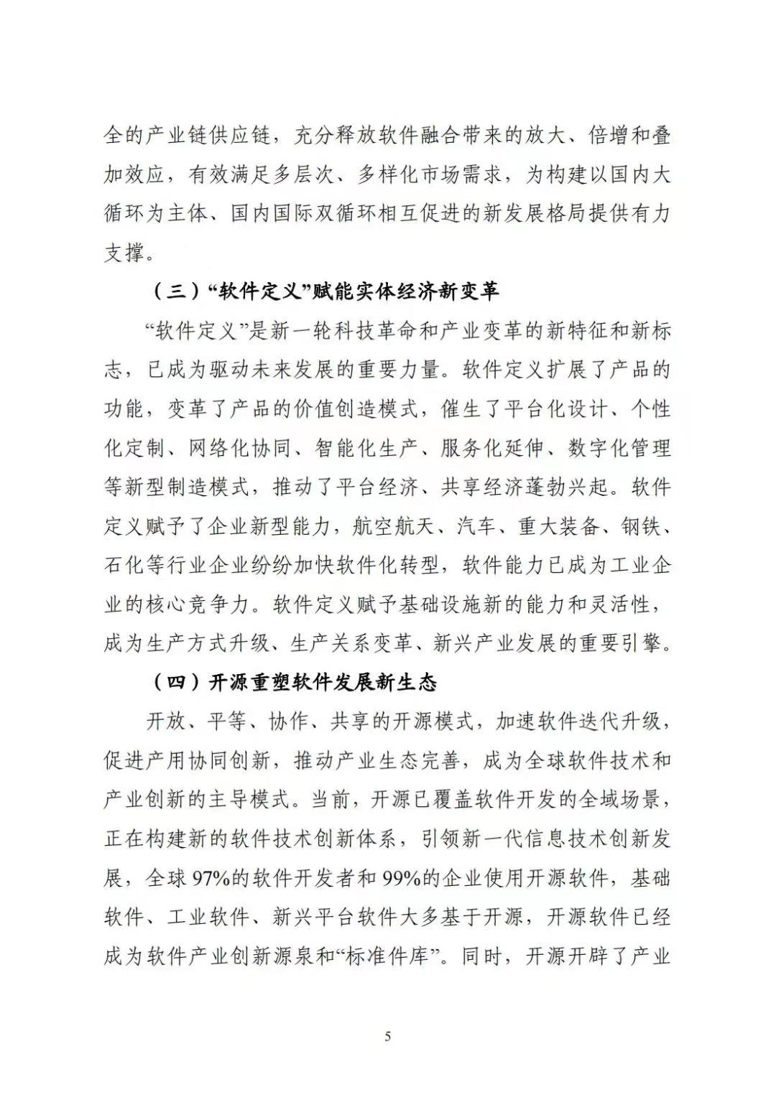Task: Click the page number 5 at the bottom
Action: pos(388,1036)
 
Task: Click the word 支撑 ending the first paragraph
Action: pos(124,253)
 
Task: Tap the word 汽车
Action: pos(477,526)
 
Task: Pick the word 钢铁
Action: pos(639,526)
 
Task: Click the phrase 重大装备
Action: pos(558,526)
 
